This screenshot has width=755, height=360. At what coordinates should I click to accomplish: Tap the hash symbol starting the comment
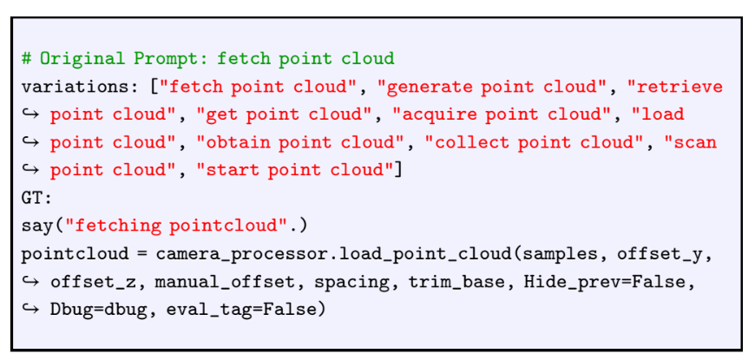click(27, 60)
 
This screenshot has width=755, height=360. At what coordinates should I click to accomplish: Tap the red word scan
click(697, 141)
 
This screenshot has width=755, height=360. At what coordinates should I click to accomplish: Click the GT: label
click(36, 198)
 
